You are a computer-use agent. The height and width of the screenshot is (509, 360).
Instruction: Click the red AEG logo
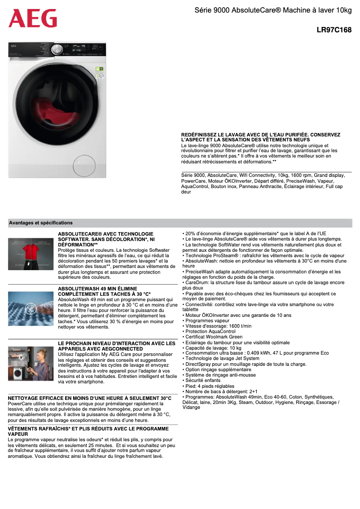click(x=33, y=18)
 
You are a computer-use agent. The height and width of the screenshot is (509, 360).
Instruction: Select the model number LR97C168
click(x=334, y=31)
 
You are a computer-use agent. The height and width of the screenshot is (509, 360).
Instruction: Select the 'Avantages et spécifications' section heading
click(x=41, y=223)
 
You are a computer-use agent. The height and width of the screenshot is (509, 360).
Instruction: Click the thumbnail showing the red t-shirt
click(x=31, y=254)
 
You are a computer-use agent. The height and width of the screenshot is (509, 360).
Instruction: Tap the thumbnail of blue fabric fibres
click(x=31, y=308)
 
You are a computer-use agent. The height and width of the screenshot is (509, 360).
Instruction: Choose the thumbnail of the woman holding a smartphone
click(x=31, y=363)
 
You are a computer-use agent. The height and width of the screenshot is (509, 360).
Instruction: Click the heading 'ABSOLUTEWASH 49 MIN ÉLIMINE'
click(x=97, y=289)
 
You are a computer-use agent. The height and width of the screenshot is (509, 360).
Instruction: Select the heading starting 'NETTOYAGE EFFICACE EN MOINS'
click(x=90, y=398)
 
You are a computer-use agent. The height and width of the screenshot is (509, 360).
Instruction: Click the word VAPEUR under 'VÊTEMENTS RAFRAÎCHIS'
click(x=18, y=434)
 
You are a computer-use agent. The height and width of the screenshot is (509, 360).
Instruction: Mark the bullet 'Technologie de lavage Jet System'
click(x=222, y=359)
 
